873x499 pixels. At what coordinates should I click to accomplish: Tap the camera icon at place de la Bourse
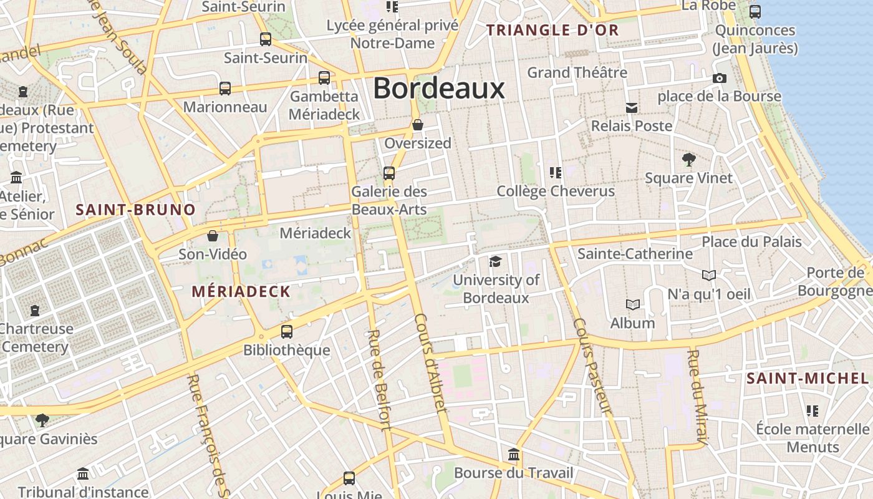point(719,78)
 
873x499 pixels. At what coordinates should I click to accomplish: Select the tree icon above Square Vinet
point(688,159)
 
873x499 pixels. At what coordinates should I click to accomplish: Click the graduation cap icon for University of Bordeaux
point(495,261)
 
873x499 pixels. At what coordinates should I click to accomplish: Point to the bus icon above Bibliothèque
point(286,332)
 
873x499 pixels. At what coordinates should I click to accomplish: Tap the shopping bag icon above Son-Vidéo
point(213,236)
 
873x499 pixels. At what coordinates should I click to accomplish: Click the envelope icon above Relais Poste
point(632,108)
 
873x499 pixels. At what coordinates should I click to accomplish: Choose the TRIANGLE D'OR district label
point(552,30)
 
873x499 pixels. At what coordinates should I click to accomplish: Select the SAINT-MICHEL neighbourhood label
point(808,378)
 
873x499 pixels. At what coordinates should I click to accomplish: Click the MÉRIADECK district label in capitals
point(241,291)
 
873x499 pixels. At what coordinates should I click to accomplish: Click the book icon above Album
point(633,304)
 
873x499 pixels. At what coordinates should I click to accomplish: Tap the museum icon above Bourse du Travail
point(513,453)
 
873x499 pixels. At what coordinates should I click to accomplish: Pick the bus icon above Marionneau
point(224,89)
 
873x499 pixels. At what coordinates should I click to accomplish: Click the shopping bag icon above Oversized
point(418,125)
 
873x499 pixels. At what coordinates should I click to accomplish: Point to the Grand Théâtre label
point(577,72)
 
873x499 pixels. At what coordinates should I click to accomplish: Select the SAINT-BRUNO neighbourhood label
point(136,210)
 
